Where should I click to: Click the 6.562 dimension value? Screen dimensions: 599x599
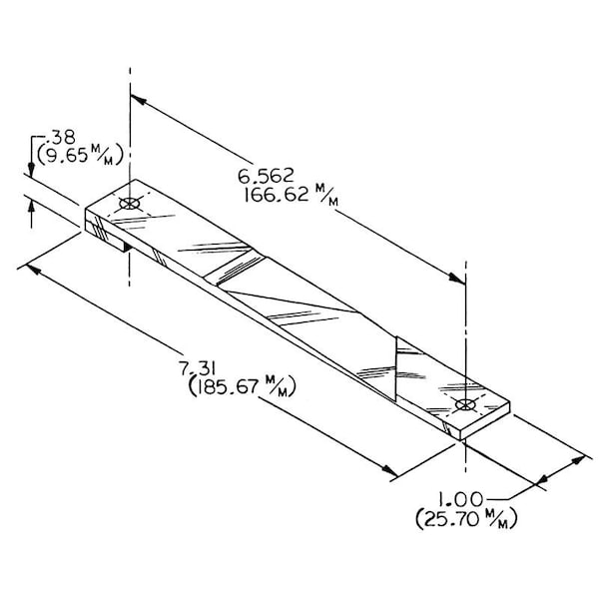[266, 176]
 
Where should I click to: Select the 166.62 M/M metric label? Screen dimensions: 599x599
[292, 195]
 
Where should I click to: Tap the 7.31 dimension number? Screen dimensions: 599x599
[197, 369]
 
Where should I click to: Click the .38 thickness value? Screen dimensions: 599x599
[60, 137]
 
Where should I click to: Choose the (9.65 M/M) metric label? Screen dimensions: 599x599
[80, 155]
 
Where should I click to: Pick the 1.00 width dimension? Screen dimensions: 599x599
[460, 499]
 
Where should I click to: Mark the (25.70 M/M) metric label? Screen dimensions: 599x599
[466, 518]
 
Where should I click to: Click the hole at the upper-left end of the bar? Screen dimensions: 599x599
[130, 204]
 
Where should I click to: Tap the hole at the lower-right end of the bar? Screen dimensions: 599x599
[465, 404]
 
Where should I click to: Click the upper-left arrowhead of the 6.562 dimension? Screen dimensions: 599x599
[139, 100]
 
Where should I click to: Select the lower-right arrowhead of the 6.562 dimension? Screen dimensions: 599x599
[457, 279]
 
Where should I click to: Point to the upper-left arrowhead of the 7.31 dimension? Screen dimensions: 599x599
[33, 269]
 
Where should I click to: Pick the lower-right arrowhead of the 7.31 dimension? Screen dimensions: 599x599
[390, 470]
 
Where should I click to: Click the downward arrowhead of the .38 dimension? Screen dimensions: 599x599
[31, 170]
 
